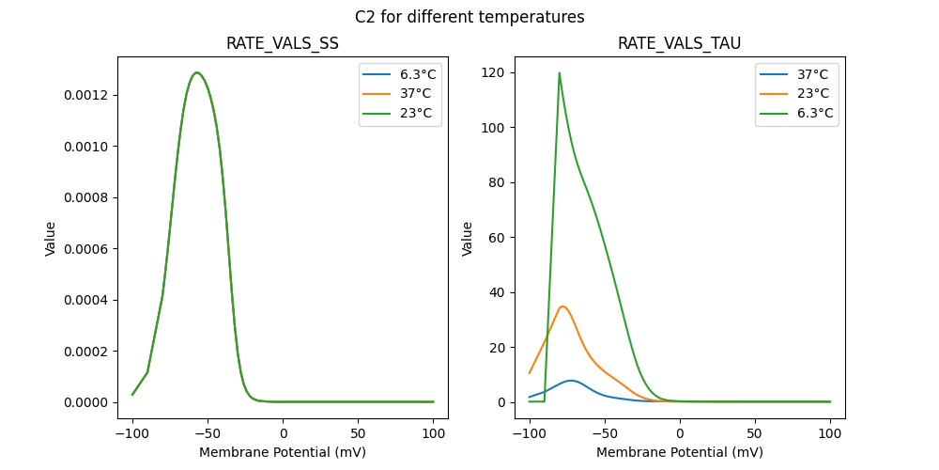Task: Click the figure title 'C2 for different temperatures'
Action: pos(469,17)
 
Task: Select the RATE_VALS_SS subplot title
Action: pos(283,44)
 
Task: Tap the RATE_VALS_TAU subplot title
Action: pos(680,44)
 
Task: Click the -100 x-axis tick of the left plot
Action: pos(131,435)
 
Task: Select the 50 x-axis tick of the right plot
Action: pos(755,435)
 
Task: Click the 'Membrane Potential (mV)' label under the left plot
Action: pos(283,452)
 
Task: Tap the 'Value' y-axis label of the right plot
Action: pos(467,238)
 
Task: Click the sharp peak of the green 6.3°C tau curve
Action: pos(560,73)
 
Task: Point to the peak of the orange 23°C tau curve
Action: pos(562,306)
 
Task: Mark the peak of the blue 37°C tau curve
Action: pos(571,381)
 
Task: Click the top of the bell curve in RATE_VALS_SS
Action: pos(196,72)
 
